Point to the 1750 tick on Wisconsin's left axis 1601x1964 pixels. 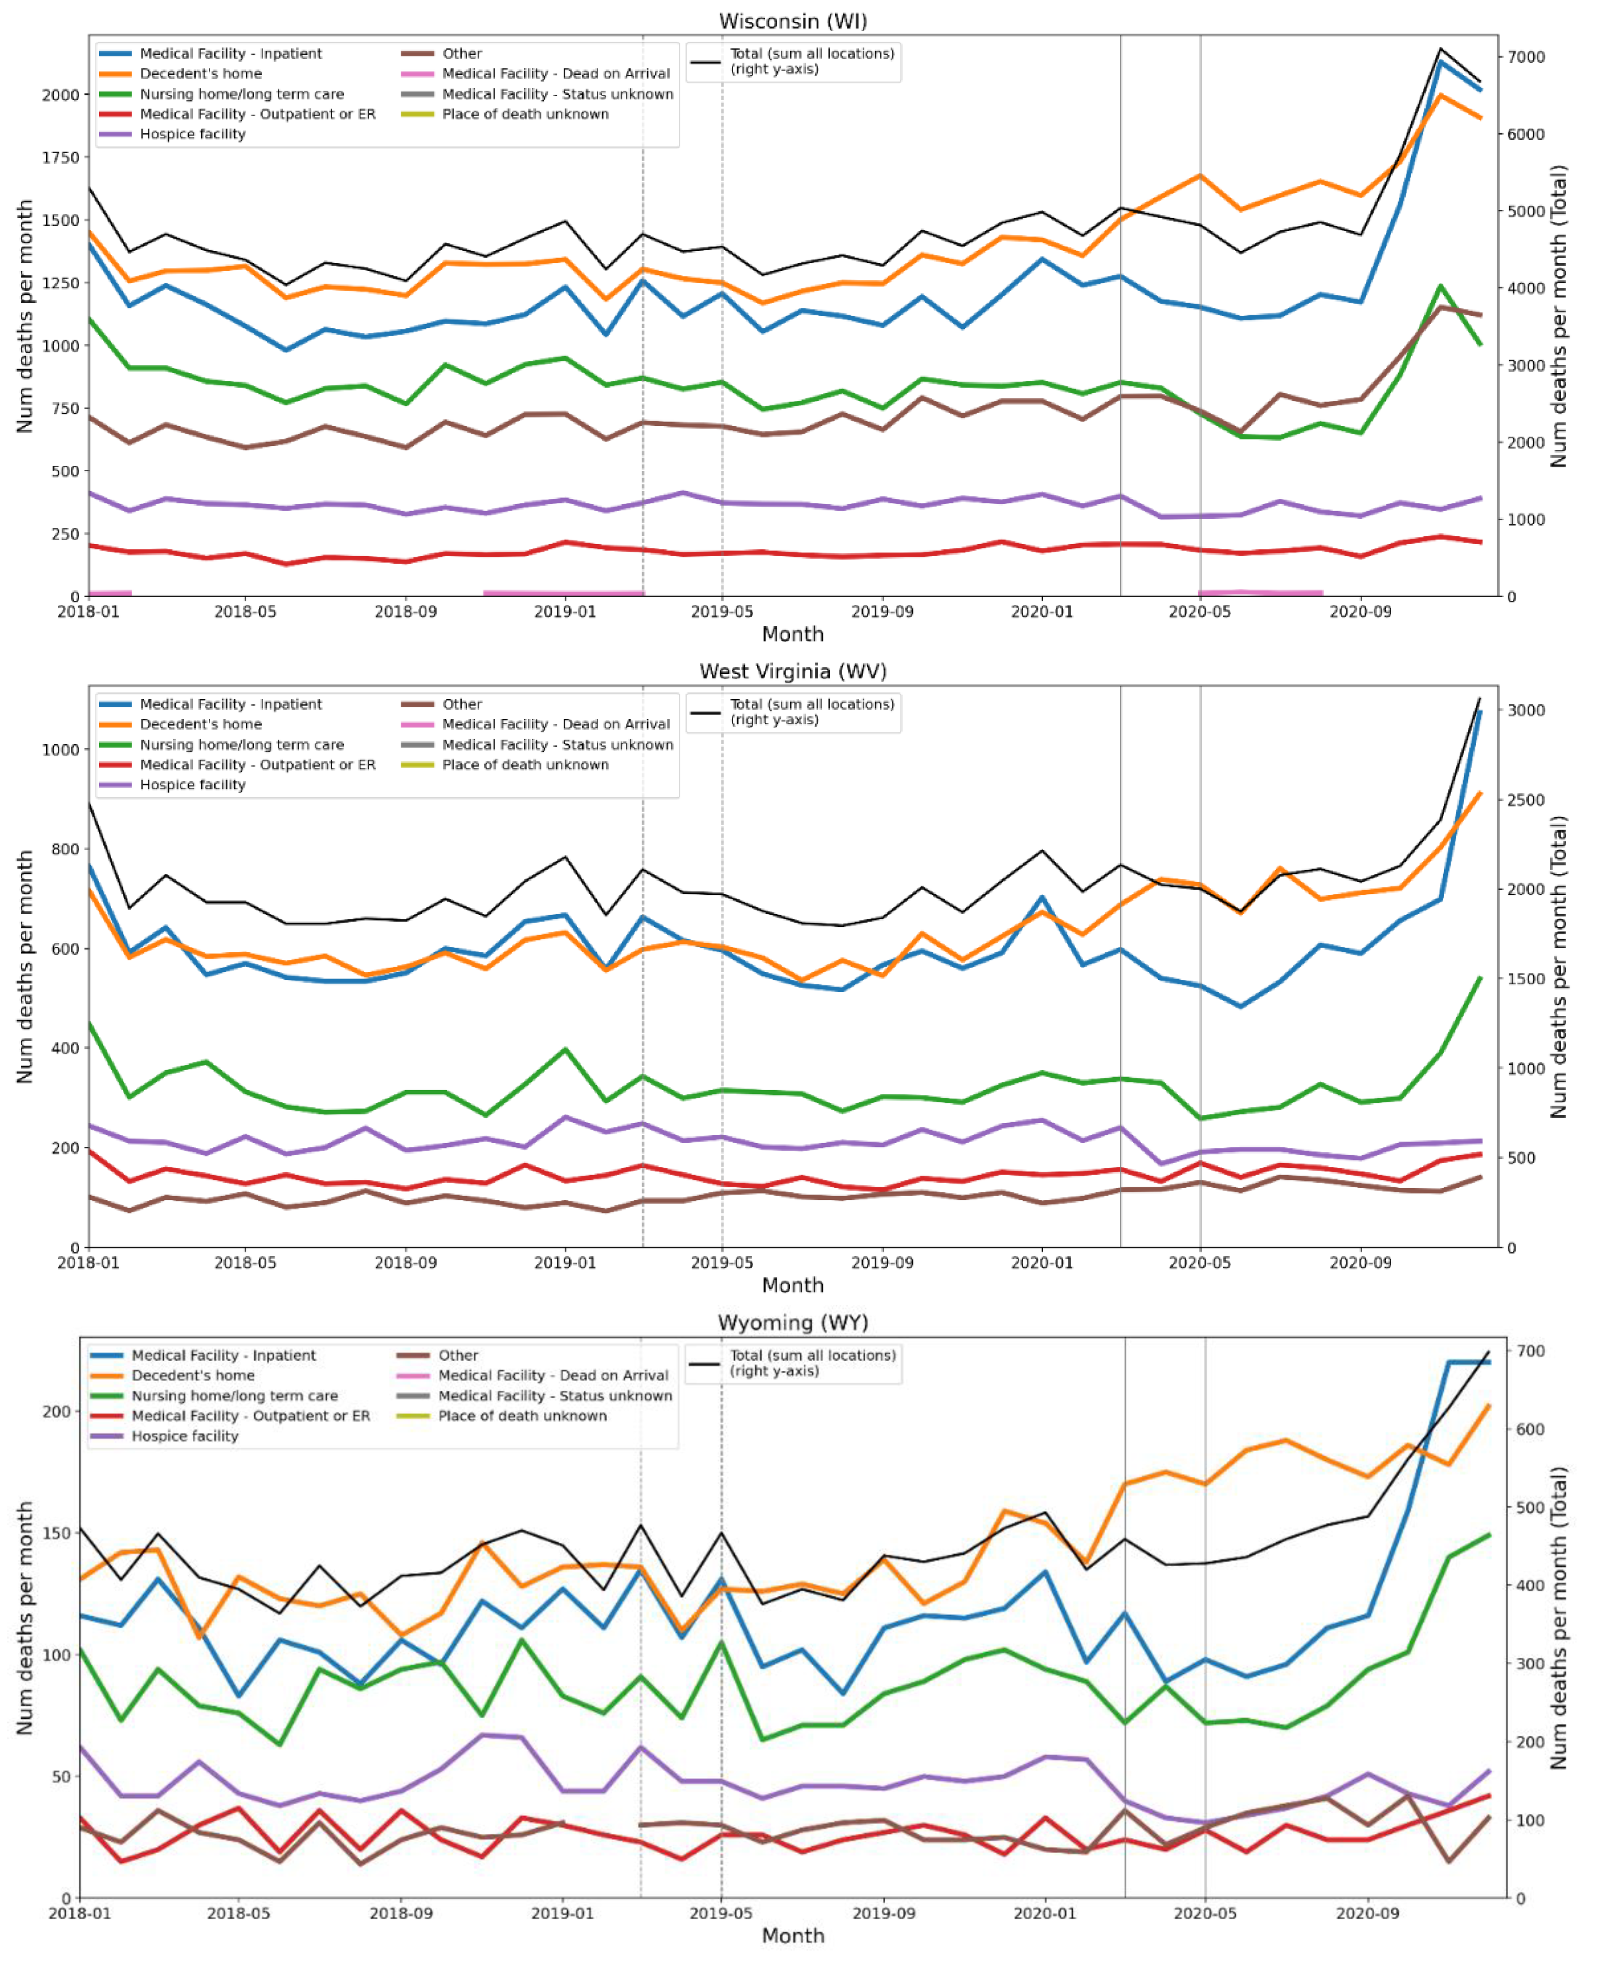point(61,158)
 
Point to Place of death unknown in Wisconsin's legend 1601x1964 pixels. point(525,114)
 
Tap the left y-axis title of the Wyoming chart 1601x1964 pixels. point(25,1619)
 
